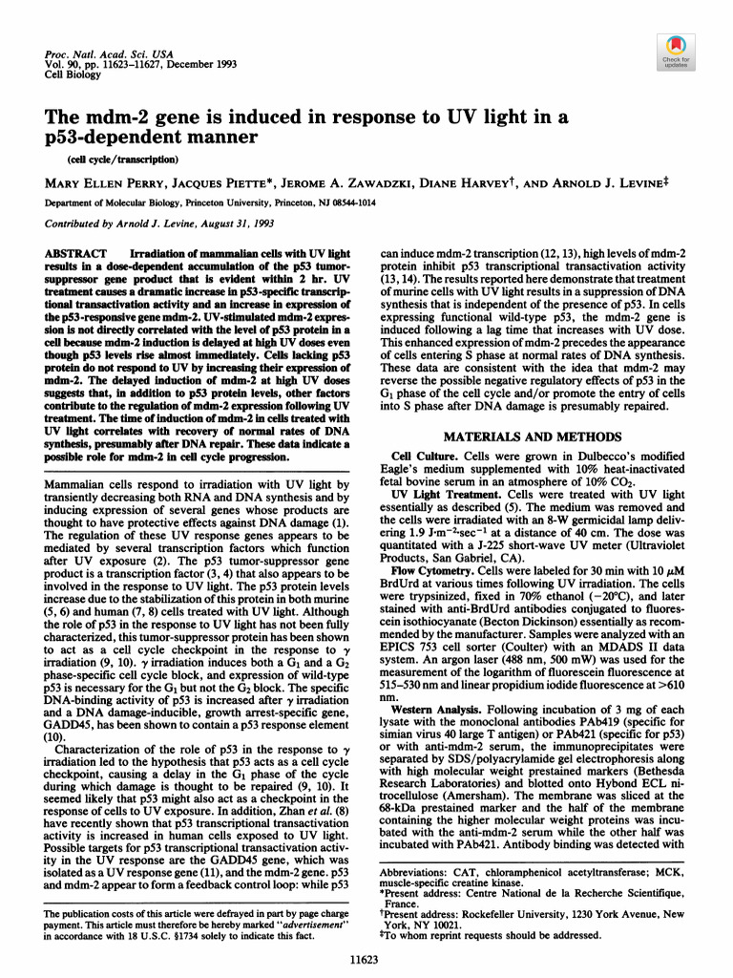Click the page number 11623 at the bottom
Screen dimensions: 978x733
coord(366,953)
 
